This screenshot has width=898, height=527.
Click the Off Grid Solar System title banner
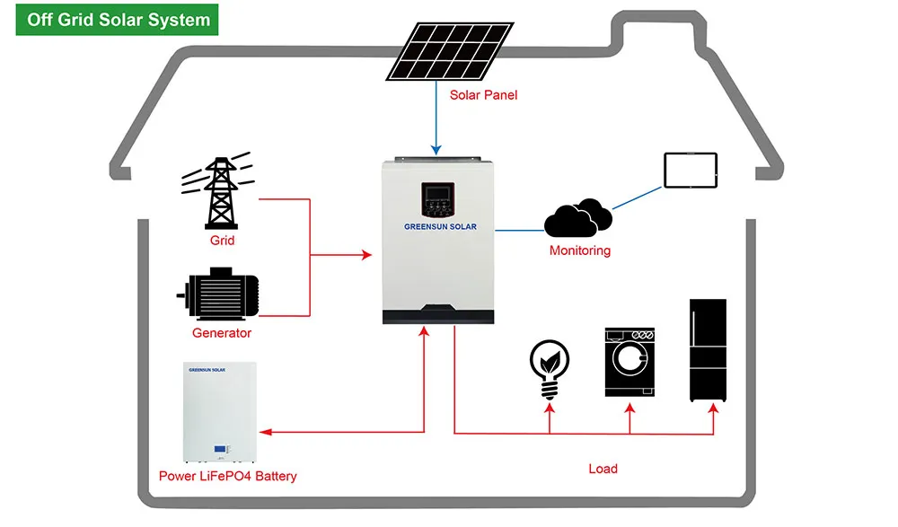pyautogui.click(x=119, y=19)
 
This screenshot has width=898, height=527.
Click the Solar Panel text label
pyautogui.click(x=483, y=94)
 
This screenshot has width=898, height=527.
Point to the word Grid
pyautogui.click(x=222, y=241)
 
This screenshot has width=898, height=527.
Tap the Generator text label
pyautogui.click(x=222, y=333)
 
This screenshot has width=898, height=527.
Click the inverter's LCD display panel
pyautogui.click(x=437, y=193)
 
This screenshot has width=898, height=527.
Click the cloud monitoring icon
pyautogui.click(x=578, y=218)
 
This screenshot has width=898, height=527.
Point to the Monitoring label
pyautogui.click(x=579, y=250)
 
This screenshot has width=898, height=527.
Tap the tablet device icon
pyautogui.click(x=691, y=170)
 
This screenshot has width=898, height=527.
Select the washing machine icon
pyautogui.click(x=629, y=363)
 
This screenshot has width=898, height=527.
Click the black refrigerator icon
pyautogui.click(x=708, y=350)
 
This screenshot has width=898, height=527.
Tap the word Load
pyautogui.click(x=603, y=469)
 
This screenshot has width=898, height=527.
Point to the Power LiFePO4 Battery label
pyautogui.click(x=227, y=476)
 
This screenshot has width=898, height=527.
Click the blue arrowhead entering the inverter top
pyautogui.click(x=436, y=149)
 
